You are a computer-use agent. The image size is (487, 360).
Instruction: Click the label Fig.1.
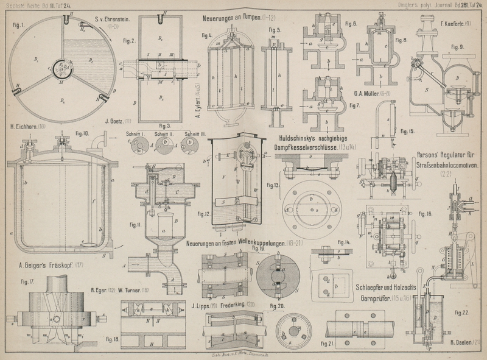point(17,26)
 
